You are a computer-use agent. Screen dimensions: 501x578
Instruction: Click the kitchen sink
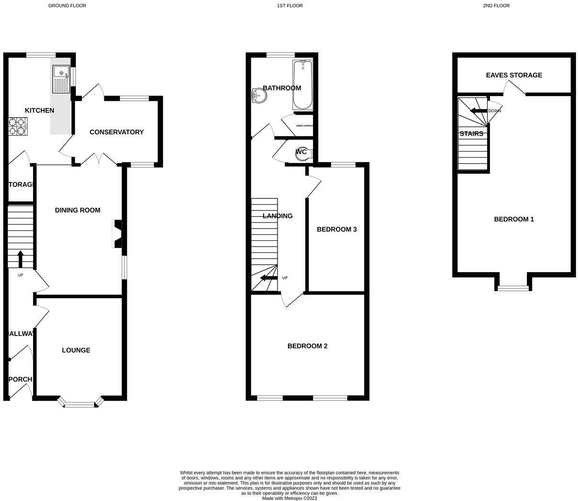(x=61, y=79)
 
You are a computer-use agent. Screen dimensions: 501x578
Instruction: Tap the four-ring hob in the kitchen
(x=17, y=126)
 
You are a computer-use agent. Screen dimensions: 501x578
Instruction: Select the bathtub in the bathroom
(x=302, y=85)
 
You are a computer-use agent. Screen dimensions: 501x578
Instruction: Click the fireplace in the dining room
(x=117, y=234)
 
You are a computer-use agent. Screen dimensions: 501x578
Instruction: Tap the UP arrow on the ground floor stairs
(x=20, y=259)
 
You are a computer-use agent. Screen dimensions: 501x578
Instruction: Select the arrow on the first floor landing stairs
(x=267, y=278)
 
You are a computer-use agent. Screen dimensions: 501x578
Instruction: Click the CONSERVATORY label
(x=116, y=132)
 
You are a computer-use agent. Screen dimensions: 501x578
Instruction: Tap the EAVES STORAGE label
(x=514, y=75)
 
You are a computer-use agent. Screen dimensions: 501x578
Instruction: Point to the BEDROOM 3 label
(x=336, y=229)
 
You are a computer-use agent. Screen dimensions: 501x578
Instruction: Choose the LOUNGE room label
(x=76, y=350)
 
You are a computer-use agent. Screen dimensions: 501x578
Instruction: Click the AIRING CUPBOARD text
(x=304, y=125)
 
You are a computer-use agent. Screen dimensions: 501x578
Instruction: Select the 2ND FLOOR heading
(x=496, y=6)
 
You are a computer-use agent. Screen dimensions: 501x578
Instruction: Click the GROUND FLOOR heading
(x=67, y=6)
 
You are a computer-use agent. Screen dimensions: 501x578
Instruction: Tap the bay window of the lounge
(x=80, y=404)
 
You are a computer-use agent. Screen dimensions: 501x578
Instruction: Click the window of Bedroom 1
(x=513, y=288)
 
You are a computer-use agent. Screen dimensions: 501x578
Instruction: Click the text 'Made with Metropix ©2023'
(x=289, y=498)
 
